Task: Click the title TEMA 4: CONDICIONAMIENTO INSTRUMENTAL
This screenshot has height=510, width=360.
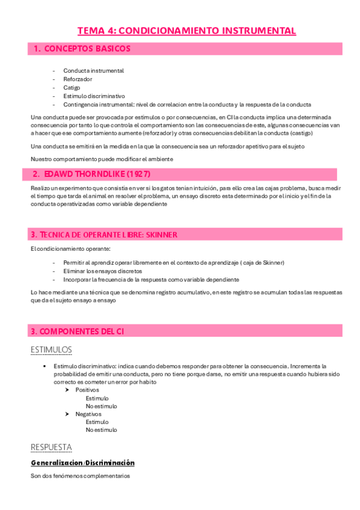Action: [x=186, y=31]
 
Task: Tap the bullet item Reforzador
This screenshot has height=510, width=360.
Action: [x=78, y=79]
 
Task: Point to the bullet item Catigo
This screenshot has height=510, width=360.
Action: [x=72, y=87]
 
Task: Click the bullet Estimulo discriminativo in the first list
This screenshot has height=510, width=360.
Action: [x=94, y=96]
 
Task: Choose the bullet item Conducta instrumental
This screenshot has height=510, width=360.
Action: [x=93, y=70]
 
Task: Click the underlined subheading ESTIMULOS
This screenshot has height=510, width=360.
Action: [x=51, y=349]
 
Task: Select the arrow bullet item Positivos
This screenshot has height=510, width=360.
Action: [x=87, y=390]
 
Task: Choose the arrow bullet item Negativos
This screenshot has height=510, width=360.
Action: [x=88, y=414]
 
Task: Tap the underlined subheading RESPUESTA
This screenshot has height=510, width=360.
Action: [x=51, y=447]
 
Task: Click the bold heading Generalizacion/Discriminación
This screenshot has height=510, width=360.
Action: [x=82, y=462]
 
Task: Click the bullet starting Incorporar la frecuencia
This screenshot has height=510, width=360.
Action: [x=151, y=279]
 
